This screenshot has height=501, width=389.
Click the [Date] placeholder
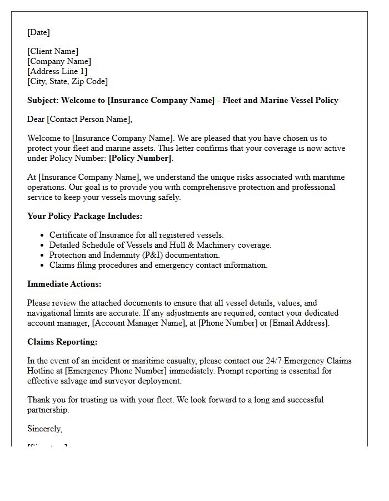[38, 32]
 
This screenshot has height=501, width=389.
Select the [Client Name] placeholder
[53, 51]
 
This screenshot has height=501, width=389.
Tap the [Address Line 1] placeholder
[57, 71]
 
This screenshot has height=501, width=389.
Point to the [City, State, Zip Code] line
[67, 81]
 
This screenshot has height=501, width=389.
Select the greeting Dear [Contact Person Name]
[80, 119]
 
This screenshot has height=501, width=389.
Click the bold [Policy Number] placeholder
[141, 158]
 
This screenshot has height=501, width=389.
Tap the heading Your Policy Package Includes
[84, 216]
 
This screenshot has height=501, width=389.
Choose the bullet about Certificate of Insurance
[136, 235]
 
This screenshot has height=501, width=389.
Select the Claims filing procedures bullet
[158, 265]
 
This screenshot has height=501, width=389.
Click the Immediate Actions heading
[64, 284]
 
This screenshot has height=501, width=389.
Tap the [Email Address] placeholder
[299, 323]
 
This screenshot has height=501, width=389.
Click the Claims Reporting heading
[62, 342]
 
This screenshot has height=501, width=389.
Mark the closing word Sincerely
[44, 429]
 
